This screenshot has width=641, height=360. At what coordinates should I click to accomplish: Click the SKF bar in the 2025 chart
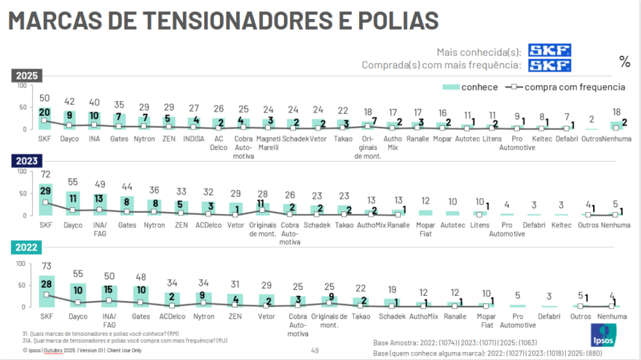tap(44, 118)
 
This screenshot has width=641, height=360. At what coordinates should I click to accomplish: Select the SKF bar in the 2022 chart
tap(46, 291)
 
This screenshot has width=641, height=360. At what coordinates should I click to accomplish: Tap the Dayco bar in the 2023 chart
tap(74, 204)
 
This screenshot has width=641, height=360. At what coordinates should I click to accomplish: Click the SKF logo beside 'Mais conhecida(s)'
tap(549, 50)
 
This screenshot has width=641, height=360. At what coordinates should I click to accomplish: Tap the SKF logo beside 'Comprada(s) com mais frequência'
tap(549, 65)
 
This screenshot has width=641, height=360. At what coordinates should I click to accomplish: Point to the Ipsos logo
tap(603, 336)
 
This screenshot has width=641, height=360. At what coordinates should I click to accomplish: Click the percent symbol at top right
tap(624, 62)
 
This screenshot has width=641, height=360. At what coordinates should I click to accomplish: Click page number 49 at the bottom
tap(315, 351)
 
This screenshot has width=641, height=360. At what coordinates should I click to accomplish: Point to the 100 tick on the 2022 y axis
tap(22, 264)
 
